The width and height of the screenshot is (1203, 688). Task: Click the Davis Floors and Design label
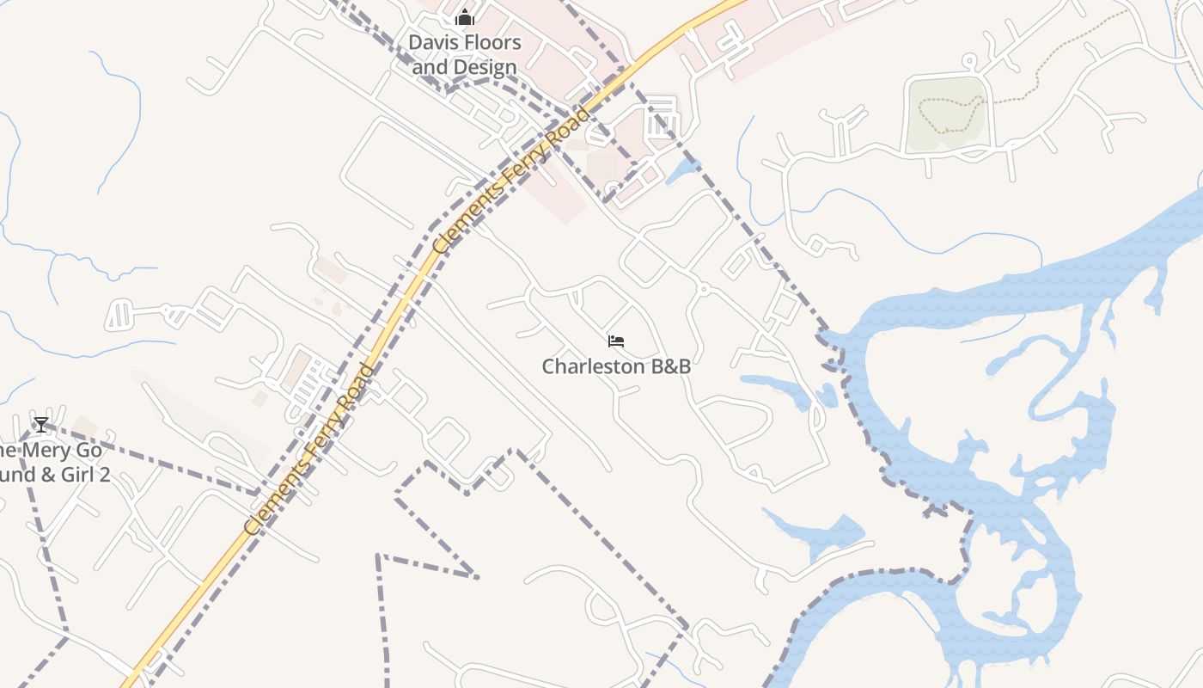pyautogui.click(x=464, y=54)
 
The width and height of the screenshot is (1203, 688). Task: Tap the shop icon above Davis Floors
pyautogui.click(x=465, y=17)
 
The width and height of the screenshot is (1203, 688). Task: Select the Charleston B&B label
pyautogui.click(x=616, y=366)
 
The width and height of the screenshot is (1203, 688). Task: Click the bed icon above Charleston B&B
pyautogui.click(x=616, y=341)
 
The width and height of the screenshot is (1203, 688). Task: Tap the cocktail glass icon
pyautogui.click(x=40, y=424)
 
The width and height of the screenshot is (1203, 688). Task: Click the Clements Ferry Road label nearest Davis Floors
pyautogui.click(x=512, y=181)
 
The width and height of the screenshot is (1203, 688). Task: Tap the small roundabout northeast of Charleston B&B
pyautogui.click(x=704, y=290)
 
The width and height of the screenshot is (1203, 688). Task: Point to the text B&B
pyautogui.click(x=670, y=366)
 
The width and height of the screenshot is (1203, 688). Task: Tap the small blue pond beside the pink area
pyautogui.click(x=682, y=171)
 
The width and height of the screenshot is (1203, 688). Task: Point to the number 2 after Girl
pyautogui.click(x=104, y=475)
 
